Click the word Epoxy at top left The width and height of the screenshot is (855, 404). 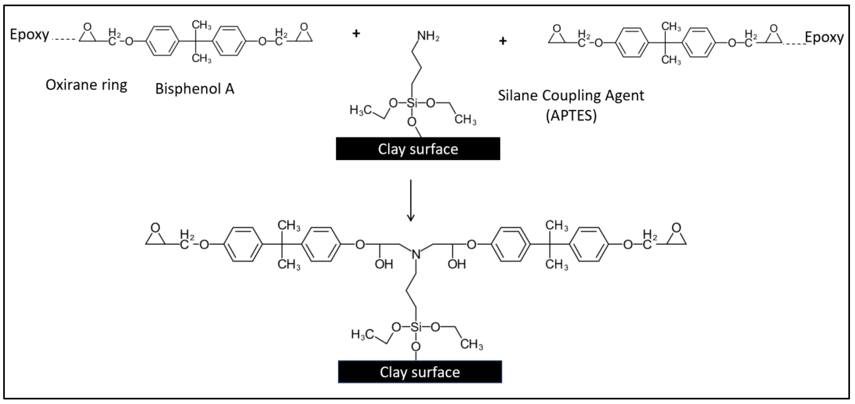point(29,35)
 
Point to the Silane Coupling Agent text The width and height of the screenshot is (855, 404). point(571,96)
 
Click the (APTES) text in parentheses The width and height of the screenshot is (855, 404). point(571,116)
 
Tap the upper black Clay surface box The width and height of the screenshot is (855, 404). point(418,149)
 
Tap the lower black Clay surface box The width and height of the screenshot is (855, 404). point(420,372)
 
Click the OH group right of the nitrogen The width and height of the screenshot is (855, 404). point(457,264)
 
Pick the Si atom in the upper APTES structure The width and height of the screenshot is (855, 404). point(412,103)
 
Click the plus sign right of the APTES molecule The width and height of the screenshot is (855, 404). point(503,41)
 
